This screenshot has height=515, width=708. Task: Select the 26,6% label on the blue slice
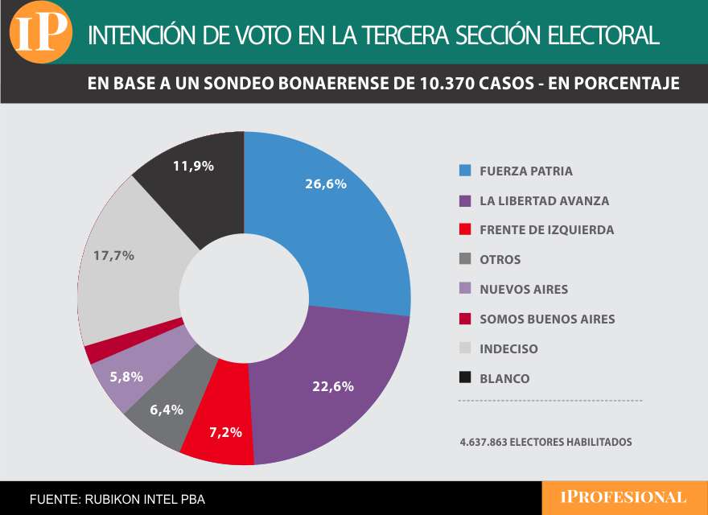tap(325, 183)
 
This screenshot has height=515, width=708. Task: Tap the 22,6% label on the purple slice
tap(332, 385)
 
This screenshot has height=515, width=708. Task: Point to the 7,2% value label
tap(225, 432)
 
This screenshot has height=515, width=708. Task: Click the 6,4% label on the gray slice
tap(167, 410)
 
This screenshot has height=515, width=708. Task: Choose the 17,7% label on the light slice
tap(113, 255)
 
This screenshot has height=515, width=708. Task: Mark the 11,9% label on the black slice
tap(193, 166)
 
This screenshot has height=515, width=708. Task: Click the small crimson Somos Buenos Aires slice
tap(95, 352)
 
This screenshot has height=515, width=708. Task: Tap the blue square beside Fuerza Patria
tap(464, 171)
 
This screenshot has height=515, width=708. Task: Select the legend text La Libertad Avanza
tap(544, 200)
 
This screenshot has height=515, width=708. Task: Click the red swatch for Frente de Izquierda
tap(464, 230)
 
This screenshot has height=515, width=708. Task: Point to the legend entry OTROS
tap(500, 260)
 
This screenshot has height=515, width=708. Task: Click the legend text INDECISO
tap(508, 349)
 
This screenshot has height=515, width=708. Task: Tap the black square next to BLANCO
tap(464, 378)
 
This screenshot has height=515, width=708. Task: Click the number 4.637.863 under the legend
tap(484, 442)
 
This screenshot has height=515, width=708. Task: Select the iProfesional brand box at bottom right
tap(624, 498)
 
